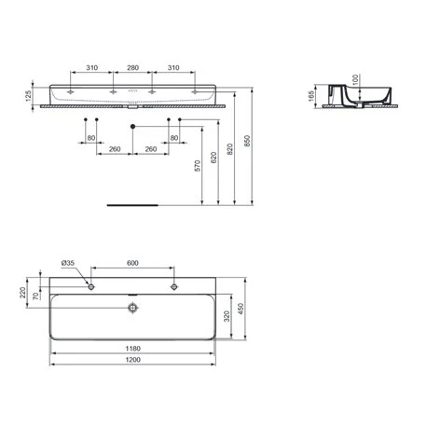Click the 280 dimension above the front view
point(131,67)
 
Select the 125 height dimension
point(29,94)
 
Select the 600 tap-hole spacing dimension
point(132,264)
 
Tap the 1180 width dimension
point(134,349)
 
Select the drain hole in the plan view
point(132,304)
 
